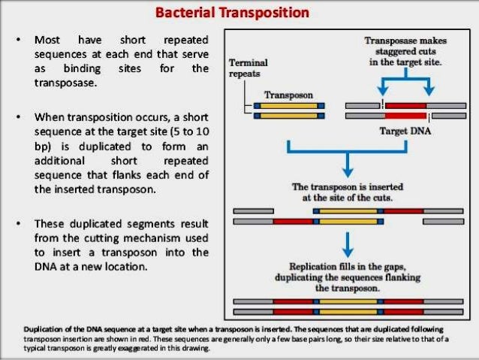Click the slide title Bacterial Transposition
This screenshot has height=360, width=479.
tap(239, 14)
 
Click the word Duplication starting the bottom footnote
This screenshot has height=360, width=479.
tap(44, 330)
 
